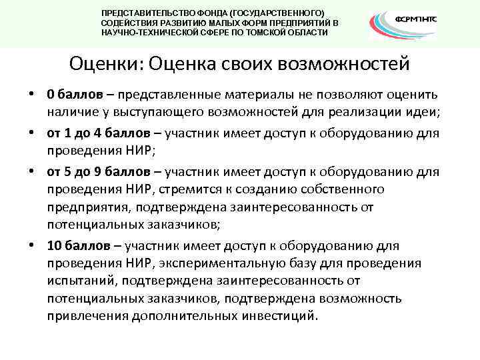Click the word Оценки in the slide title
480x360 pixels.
tap(105, 65)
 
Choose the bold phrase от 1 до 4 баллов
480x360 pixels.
tap(100, 133)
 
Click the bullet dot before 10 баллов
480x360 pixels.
tap(33, 245)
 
